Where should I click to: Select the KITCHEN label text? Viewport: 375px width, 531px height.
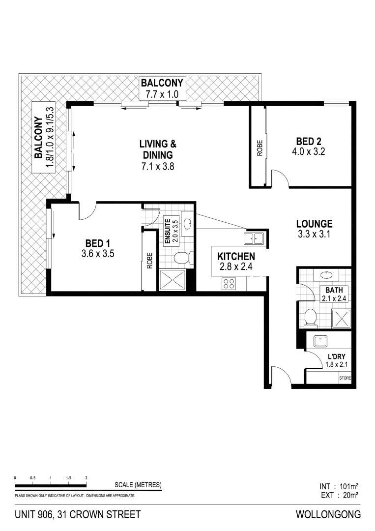point(236,256)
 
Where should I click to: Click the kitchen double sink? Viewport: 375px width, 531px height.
point(255,239)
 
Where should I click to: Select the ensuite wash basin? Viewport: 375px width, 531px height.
point(187,224)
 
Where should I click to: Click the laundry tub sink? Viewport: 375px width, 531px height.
point(321,341)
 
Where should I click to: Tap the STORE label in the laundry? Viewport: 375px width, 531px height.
point(345,378)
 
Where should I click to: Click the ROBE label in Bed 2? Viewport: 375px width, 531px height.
point(259,148)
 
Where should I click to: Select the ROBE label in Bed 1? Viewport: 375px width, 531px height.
point(149,260)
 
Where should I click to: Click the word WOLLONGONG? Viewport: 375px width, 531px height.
point(328,515)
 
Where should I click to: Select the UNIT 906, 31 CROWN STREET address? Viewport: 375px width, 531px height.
point(78,515)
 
